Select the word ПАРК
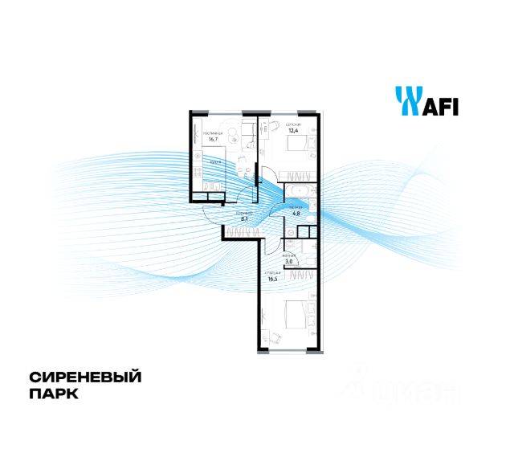pyautogui.click(x=54, y=395)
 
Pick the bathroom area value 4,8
pyautogui.click(x=296, y=214)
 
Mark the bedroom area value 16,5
pyautogui.click(x=273, y=280)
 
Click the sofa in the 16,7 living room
pyautogui.click(x=198, y=133)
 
